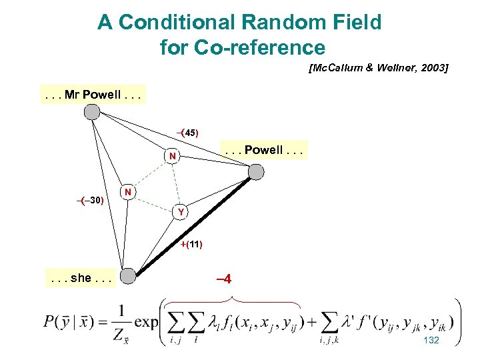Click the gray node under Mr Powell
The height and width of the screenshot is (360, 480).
tap(91, 113)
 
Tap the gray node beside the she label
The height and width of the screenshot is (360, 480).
tap(129, 275)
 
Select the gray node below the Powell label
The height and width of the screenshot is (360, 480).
tap(255, 172)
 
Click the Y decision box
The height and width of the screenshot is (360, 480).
tap(180, 213)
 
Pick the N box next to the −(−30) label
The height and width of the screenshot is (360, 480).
tap(128, 192)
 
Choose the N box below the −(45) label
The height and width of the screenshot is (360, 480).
tap(173, 157)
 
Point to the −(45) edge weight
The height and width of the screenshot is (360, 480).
tap(187, 133)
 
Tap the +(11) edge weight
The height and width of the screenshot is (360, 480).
tap(191, 244)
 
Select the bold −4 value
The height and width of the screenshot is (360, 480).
tap(224, 279)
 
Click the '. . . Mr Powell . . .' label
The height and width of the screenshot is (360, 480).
tap(91, 95)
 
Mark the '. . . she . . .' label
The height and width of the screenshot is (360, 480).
tap(81, 277)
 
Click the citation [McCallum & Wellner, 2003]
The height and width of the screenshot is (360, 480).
tap(378, 68)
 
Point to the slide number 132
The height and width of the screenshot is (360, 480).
tap(431, 340)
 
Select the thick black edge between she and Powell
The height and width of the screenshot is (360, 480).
tap(193, 224)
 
